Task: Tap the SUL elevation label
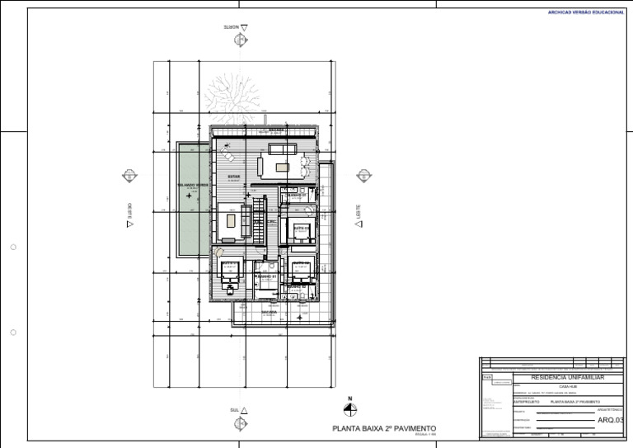point(234,410)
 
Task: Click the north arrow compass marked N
point(350,408)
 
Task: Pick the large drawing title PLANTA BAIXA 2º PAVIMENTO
point(383,429)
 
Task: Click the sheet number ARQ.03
point(610,420)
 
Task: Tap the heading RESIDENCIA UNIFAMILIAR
point(568,377)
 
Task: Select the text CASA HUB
point(568,385)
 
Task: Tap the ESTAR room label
point(234,176)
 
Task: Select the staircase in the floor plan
point(257,219)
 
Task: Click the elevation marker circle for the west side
point(129,176)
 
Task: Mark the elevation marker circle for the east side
point(363,176)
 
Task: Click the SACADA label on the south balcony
point(269,313)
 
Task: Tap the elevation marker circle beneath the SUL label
point(241,423)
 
